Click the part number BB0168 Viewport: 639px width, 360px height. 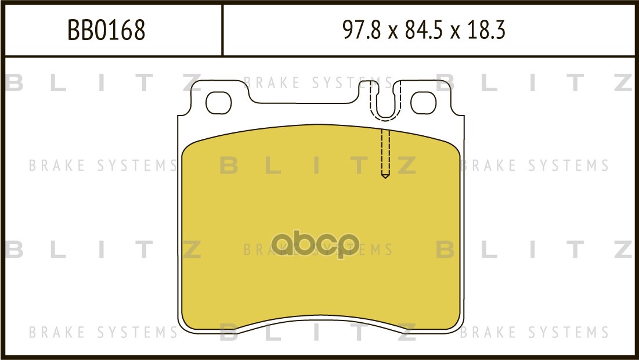coord(106,30)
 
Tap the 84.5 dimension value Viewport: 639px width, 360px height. coord(424,30)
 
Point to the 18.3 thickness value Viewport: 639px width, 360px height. coord(486,30)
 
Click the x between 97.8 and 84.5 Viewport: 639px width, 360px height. coord(392,32)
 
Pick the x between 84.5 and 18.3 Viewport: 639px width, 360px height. coord(455,32)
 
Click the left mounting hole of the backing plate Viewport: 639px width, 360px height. coord(218,103)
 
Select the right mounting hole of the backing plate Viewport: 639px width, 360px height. coord(424,103)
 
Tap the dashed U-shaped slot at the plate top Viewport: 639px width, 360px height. coord(385,119)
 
